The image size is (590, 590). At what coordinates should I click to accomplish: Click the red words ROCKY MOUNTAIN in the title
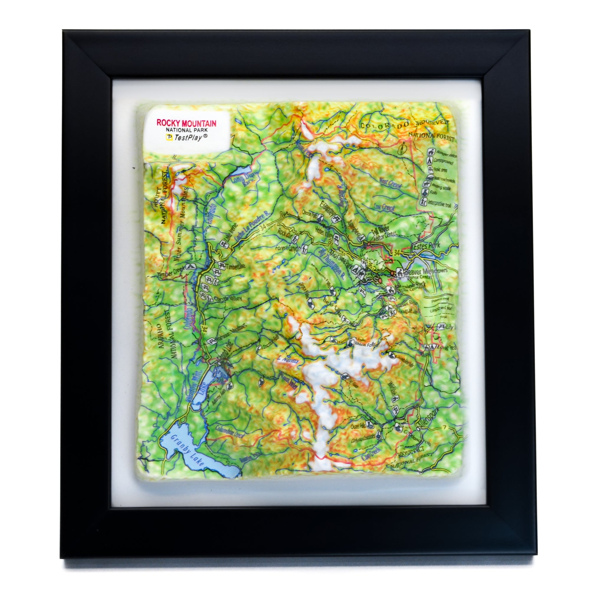pyautogui.click(x=186, y=123)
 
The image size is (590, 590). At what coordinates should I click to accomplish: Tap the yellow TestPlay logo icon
pyautogui.click(x=168, y=138)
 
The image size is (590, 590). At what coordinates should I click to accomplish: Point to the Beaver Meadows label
pyautogui.click(x=426, y=271)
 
